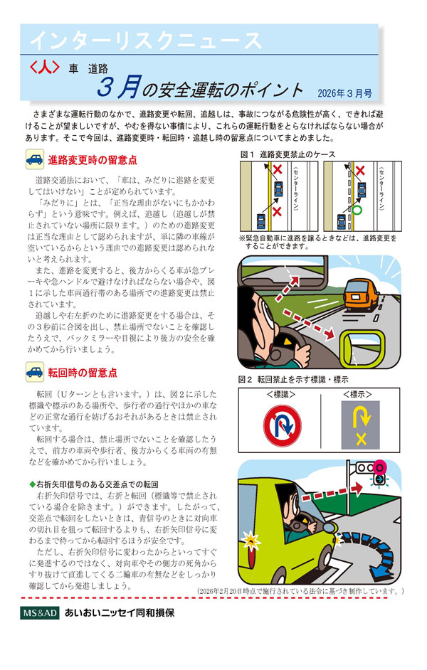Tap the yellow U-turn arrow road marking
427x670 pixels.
361,425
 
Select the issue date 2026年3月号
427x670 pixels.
344,93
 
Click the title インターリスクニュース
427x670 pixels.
140,41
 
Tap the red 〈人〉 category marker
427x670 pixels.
45,69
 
